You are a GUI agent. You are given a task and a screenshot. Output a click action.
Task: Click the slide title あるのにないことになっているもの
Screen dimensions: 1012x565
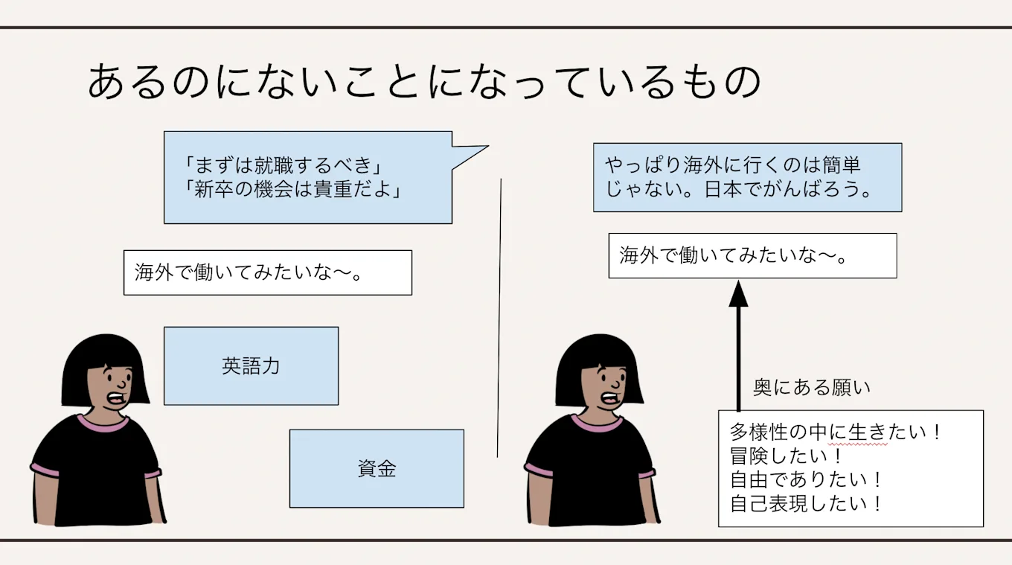coord(423,82)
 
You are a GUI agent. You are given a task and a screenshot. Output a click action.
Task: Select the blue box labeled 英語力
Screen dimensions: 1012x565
coord(251,366)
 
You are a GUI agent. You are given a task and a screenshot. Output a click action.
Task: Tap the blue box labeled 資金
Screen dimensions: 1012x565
coord(377,469)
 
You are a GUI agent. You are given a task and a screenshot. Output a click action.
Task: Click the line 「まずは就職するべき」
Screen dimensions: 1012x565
coord(288,165)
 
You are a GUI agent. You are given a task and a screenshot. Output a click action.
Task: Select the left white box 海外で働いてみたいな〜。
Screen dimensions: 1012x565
coord(267,272)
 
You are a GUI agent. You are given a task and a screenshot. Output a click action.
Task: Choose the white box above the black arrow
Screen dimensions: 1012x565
coord(752,256)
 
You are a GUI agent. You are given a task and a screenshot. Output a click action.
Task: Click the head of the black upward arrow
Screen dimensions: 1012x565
coord(738,293)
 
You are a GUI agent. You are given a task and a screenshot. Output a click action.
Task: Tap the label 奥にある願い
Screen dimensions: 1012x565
coord(811,388)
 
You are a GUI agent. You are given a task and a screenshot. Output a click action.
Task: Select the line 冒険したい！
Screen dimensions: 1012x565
coord(787,456)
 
